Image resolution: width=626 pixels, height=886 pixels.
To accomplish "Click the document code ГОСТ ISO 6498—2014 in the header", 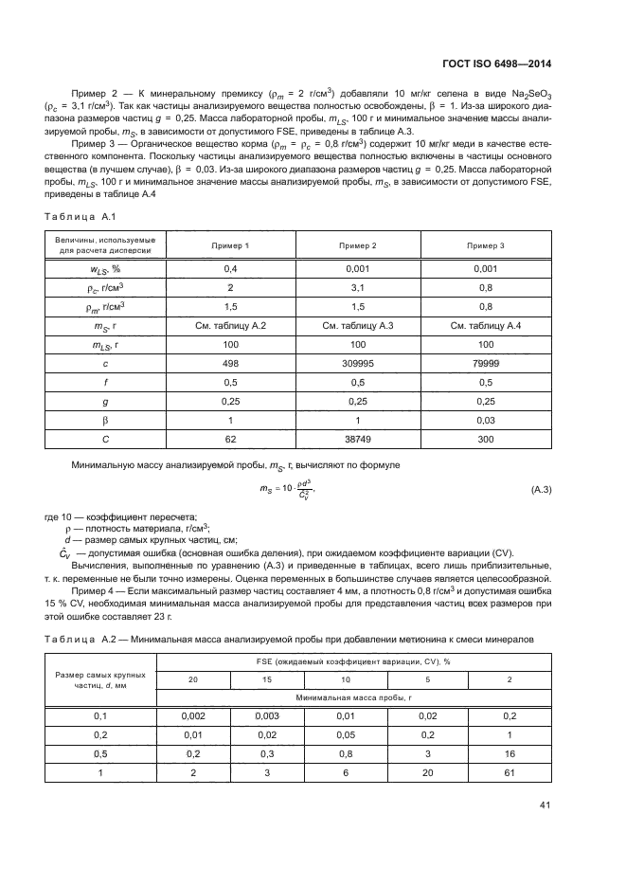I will (497, 64).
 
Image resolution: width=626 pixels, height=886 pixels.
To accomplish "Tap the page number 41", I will (544, 806).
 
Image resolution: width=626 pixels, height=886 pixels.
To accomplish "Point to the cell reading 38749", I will (357, 441).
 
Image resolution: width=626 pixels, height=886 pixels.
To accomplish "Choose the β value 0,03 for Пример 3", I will (486, 421).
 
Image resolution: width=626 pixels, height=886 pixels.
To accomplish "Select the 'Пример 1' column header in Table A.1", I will (228, 245).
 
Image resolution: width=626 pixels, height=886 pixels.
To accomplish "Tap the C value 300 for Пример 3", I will (486, 441).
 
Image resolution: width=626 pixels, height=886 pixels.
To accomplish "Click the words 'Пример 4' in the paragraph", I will (92, 590).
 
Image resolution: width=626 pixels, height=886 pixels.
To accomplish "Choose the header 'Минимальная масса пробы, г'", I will (347, 696).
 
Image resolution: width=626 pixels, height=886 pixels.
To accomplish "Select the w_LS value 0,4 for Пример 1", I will (228, 269).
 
